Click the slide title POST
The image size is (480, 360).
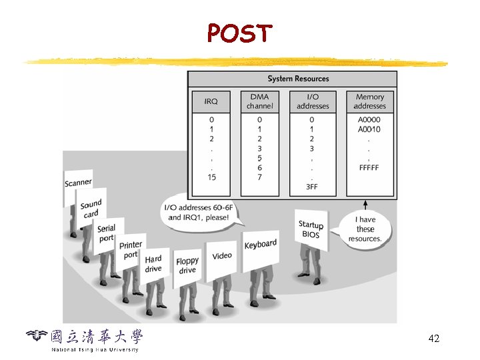[239, 32]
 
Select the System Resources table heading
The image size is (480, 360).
[298, 79]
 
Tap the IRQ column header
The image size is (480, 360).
[211, 101]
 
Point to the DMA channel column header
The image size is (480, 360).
[259, 101]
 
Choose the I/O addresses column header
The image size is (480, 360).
[313, 101]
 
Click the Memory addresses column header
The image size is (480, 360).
[369, 101]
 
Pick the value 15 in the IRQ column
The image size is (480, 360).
[211, 177]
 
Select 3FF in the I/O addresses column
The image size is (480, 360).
[312, 187]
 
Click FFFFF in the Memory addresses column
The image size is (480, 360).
[369, 168]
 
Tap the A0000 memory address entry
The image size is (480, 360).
[369, 120]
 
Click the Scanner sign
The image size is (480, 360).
[78, 183]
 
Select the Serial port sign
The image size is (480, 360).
[107, 233]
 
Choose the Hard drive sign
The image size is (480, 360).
[153, 263]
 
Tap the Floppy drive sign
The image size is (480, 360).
[187, 265]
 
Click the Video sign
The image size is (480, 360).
[222, 256]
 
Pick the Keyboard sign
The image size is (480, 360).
[260, 245]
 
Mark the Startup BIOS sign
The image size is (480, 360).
[311, 229]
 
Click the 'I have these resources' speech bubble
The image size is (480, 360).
[365, 229]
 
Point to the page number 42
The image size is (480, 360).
[433, 339]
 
